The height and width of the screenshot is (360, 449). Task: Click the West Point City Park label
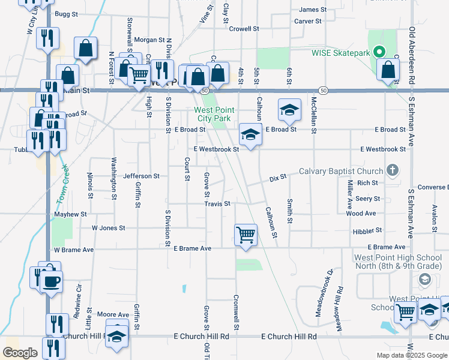[x=212, y=114]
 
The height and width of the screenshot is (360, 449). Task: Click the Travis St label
[x=217, y=204]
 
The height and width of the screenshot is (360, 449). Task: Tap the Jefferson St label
[x=141, y=176]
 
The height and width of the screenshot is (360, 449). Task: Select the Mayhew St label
[x=71, y=214]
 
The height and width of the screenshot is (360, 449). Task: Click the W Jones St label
[x=108, y=228]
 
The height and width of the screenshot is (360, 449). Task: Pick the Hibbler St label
[x=368, y=230]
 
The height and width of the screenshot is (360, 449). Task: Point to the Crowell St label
[x=244, y=28]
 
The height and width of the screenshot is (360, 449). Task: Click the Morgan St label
[x=149, y=40]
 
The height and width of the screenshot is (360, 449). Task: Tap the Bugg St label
[x=62, y=13]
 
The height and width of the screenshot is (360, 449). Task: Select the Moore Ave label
[x=113, y=314]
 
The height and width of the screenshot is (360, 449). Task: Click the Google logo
[x=20, y=353]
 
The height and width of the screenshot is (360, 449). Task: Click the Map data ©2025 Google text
[x=411, y=355]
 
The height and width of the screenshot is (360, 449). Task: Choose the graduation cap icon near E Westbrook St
[x=251, y=134]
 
